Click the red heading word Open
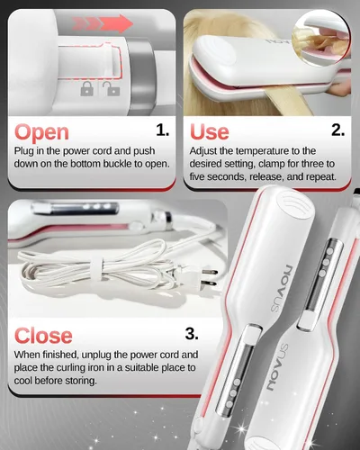point(41,132)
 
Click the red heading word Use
point(210,132)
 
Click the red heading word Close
point(43,336)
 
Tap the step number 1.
point(163,130)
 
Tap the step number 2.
point(337,130)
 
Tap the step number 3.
point(192,333)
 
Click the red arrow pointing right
point(103,23)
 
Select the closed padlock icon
point(87,89)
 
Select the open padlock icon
point(112,88)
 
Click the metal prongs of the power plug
point(210,277)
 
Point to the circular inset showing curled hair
point(321,38)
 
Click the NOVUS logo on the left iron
point(281,288)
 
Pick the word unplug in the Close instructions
point(96,355)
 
